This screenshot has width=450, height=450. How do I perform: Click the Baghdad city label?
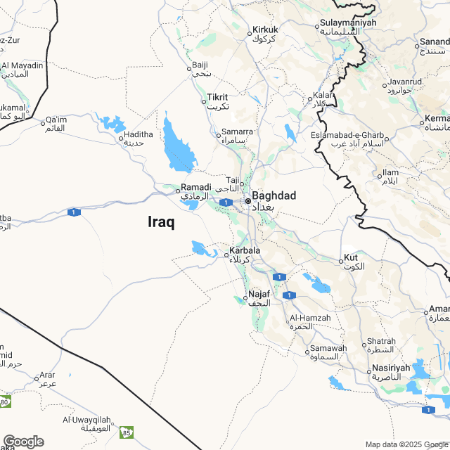pyautogui.click(x=274, y=195)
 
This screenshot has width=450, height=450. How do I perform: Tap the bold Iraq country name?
pyautogui.click(x=161, y=221)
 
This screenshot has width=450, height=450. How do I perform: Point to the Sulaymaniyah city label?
pyautogui.click(x=348, y=23)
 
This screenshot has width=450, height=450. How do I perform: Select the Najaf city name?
pyautogui.click(x=259, y=294)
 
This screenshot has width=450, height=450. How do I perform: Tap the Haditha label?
pyautogui.click(x=134, y=134)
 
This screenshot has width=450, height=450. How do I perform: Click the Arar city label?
pyautogui.click(x=47, y=375)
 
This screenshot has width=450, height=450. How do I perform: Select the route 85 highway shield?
pyautogui.click(x=126, y=431)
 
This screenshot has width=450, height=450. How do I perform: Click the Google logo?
pyautogui.click(x=23, y=441)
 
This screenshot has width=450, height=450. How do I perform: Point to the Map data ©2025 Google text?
pyautogui.click(x=406, y=444)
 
